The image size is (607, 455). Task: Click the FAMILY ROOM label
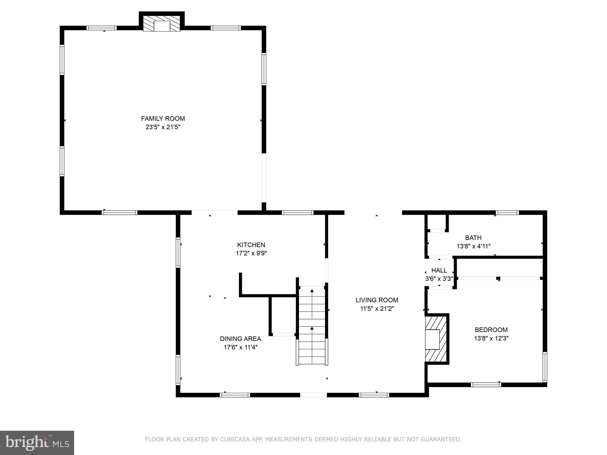pos(163,118)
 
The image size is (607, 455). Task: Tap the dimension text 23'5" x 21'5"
pos(163,127)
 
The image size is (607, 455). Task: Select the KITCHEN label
pos(251,245)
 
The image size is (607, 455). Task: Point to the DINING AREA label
pos(240,339)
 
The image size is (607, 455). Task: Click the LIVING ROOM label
pos(377,300)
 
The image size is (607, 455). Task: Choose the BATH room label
pos(473,238)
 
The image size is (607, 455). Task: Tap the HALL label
pos(439,270)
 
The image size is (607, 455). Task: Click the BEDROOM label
pos(491,330)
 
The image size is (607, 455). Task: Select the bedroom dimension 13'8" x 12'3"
pos(491,338)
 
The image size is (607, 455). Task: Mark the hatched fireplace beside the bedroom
pos(436,339)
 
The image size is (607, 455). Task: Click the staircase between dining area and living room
pos(312,326)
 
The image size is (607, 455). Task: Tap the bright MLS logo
pos(37,443)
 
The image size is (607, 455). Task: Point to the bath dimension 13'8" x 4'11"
pos(473,246)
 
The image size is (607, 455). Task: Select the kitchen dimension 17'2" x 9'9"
pos(251,253)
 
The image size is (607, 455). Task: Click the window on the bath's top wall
pos(507,212)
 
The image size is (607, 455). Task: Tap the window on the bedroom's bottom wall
pos(485,385)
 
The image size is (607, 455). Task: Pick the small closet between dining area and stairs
pos(283,315)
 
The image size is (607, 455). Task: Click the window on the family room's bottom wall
pos(119,212)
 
